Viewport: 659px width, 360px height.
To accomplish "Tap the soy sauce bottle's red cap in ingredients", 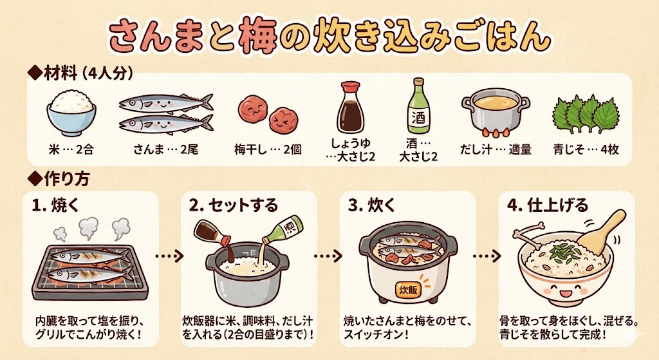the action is click(351, 88).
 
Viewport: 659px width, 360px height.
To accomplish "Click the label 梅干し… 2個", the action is click(268, 149).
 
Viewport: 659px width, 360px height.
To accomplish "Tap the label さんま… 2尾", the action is click(165, 149).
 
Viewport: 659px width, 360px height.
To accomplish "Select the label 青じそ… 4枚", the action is click(586, 149).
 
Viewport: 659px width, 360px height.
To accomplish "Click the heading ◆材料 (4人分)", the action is click(80, 73).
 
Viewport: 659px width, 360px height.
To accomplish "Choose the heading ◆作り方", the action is click(59, 179).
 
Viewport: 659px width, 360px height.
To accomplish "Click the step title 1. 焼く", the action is click(56, 205).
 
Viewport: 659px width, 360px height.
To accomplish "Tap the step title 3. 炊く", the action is click(372, 205).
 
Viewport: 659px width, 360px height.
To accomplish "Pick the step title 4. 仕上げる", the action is click(548, 205).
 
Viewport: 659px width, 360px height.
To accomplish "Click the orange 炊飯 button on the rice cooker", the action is click(408, 290).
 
